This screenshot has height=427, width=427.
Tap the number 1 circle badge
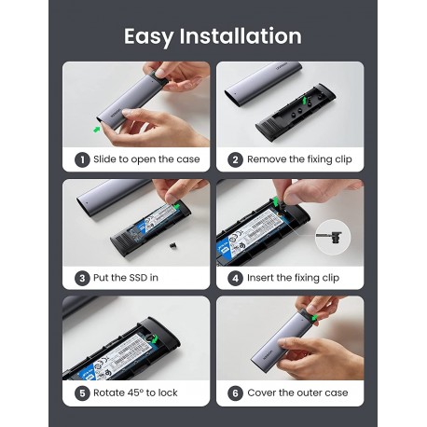click(x=82, y=159)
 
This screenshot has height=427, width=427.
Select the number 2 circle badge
click(x=236, y=159)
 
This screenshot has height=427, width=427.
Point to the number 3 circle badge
click(x=82, y=277)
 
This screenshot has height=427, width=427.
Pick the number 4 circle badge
click(x=236, y=277)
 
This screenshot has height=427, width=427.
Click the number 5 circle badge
click(x=82, y=393)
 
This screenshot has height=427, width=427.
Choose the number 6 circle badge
click(x=236, y=393)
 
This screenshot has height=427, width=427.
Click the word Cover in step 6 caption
click(x=265, y=393)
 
